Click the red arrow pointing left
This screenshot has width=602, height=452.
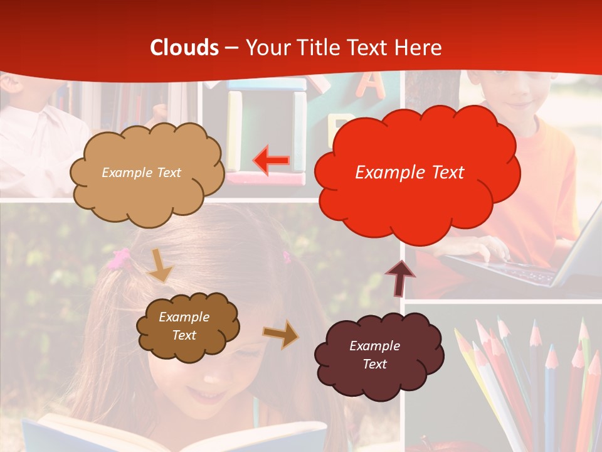[270, 160]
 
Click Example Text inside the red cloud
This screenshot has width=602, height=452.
[409, 173]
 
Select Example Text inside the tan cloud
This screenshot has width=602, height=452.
[141, 173]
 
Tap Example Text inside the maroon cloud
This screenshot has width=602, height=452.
[374, 355]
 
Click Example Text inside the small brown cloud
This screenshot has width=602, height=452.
[184, 326]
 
